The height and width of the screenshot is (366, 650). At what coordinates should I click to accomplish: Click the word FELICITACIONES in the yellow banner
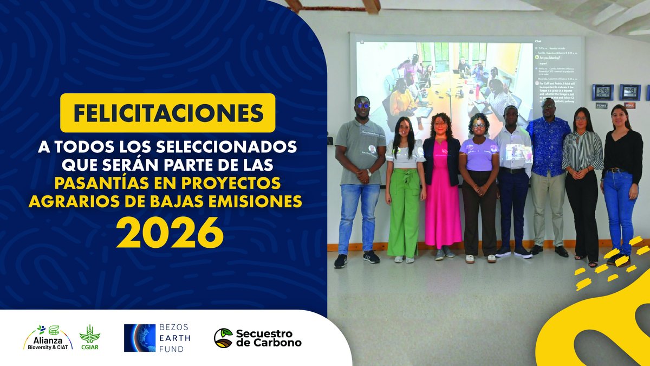coord(167,113)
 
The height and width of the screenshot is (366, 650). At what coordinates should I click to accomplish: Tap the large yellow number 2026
coord(170,233)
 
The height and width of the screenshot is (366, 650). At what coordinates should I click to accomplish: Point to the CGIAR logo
coord(89,337)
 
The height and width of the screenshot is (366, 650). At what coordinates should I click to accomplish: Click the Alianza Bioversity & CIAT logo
coord(48,337)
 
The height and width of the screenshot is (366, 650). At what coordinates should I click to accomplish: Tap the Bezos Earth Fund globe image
coord(140,338)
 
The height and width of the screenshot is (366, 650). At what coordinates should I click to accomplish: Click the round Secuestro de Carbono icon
coord(223,338)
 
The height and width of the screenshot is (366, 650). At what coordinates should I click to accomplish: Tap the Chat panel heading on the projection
coord(538,41)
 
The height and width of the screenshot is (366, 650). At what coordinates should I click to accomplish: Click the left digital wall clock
coord(602,92)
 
